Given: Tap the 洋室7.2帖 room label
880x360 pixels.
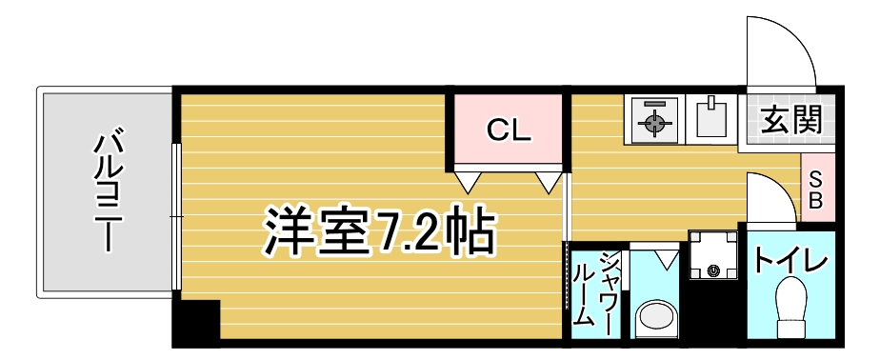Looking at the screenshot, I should coord(379,230).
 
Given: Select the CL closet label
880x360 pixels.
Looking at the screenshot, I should coord(509,130).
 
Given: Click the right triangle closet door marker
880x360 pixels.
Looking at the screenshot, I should coord(549,180).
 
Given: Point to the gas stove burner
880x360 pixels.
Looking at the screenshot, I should coord(653,122).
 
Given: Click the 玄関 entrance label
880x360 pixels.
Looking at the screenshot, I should coord(791,121).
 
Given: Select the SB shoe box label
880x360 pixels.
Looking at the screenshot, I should coord(817,187).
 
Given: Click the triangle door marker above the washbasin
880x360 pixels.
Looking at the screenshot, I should coord(667,254).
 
